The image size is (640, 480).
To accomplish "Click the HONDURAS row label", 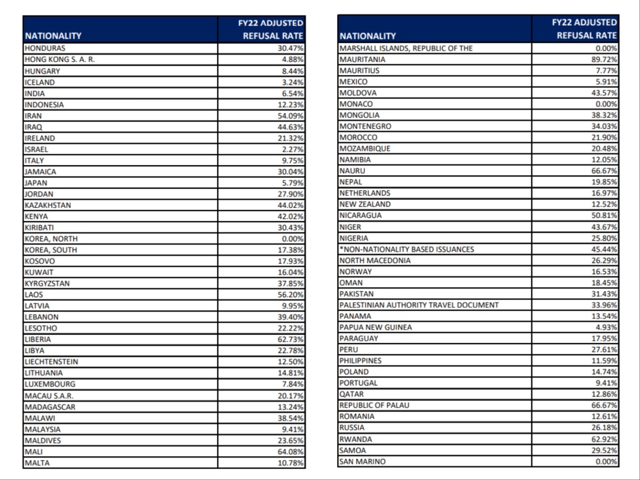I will pos(45,48).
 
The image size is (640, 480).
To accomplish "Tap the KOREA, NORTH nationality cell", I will pos(51,239).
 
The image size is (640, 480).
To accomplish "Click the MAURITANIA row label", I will pos(362,59).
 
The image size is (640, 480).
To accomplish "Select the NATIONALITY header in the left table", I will pos(53,35).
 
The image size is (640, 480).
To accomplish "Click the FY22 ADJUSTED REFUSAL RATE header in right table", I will pos(584,29).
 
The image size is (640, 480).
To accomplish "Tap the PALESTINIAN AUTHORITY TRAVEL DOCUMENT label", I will pos(419,305).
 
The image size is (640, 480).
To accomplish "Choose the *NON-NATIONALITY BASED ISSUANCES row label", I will pos(407,249).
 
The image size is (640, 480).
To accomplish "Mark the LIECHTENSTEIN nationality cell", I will pos(51,361).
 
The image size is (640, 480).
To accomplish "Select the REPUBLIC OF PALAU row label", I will pos(375,405).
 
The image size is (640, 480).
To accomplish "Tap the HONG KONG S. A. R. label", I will pos(59,59).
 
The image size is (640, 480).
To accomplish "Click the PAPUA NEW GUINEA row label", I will pos(376,327).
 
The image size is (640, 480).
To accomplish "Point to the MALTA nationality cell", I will pos(37,463).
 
